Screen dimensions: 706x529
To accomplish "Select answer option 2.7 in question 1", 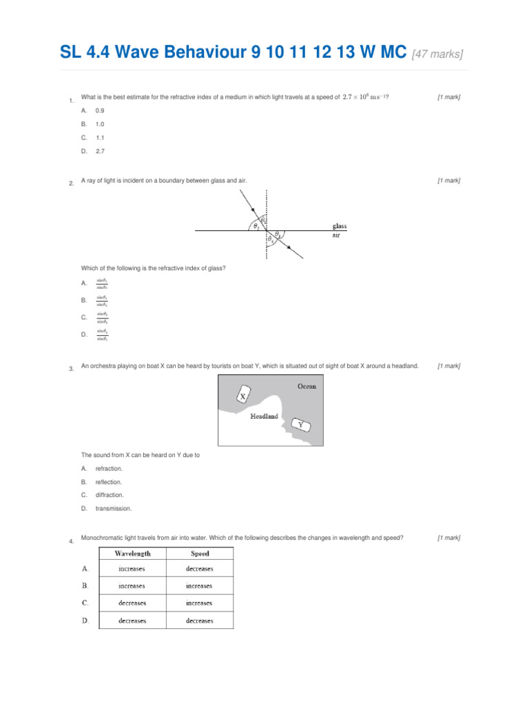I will coord(100,150).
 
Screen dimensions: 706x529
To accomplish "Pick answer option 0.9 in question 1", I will coord(100,110).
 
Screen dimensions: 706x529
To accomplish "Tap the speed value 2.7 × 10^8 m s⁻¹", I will coord(364,97).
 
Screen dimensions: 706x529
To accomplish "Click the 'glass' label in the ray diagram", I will coord(340,225).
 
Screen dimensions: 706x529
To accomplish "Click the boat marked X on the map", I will coord(242,395).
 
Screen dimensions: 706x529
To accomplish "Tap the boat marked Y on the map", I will coord(300,425).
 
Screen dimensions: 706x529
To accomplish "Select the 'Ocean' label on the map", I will coord(307,386).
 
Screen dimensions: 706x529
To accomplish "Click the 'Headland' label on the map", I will coord(264,416).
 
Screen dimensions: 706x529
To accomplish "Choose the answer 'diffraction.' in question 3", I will coord(110,495).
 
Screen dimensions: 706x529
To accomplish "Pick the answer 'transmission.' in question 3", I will coord(113,508).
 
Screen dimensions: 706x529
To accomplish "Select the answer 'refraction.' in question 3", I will coord(109,469).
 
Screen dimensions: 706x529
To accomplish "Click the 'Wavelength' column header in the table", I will coord(132,553).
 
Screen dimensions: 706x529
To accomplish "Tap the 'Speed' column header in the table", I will coord(200,553).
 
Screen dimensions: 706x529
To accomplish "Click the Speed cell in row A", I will coord(200,569).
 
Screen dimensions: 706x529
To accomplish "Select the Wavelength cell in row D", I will coord(132,621).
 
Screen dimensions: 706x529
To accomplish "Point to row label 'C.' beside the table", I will coord(85,603).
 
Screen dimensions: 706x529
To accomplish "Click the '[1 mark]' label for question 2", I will coord(448,180).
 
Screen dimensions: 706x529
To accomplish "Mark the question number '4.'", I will coord(72,541).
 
